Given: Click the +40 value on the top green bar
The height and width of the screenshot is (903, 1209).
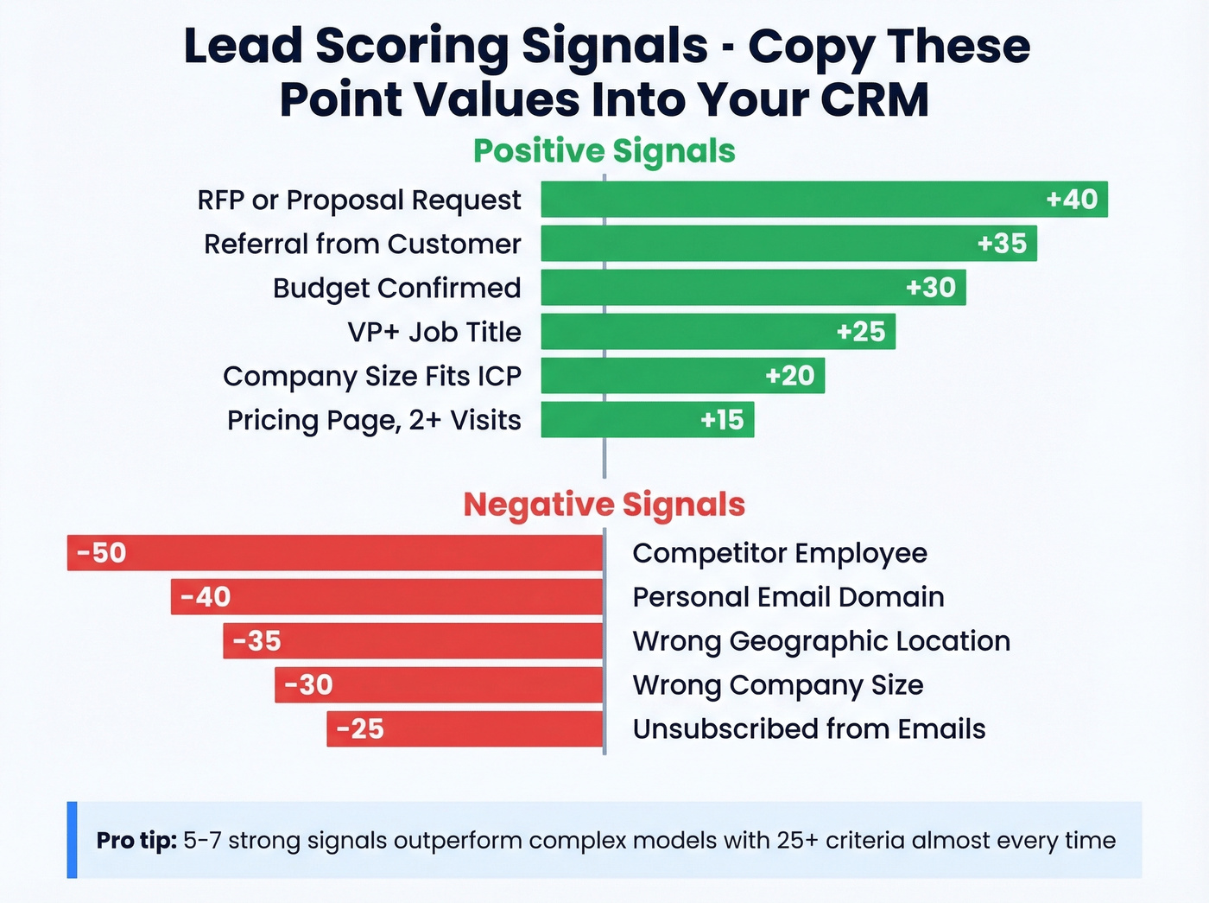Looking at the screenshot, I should click(1072, 200).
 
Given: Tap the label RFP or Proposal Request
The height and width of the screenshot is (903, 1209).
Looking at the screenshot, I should click(358, 200).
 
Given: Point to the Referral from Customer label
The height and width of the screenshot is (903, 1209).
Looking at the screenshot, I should click(362, 244).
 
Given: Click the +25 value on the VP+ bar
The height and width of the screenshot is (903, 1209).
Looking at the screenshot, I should click(861, 332).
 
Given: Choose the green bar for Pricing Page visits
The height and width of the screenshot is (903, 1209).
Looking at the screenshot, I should click(648, 420).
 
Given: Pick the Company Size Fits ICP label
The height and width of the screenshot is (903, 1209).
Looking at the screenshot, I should click(371, 376).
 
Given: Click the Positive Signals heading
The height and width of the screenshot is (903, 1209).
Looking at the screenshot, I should click(604, 151).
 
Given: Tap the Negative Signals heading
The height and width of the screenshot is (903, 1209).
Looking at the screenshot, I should click(604, 505).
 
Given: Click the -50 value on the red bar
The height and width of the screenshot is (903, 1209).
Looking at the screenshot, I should click(101, 553).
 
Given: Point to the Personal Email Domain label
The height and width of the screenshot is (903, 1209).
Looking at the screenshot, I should click(788, 597).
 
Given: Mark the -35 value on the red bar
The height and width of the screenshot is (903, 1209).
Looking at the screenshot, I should click(256, 641).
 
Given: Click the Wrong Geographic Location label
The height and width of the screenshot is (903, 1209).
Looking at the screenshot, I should click(820, 641).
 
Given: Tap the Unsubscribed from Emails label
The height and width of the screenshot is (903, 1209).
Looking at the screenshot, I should click(808, 729).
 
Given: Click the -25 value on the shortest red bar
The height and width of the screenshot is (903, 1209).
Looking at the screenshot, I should click(360, 729).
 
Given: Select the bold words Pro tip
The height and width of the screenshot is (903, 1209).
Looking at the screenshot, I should click(136, 841).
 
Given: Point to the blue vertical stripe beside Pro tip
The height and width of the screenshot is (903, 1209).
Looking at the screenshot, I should click(72, 840).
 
